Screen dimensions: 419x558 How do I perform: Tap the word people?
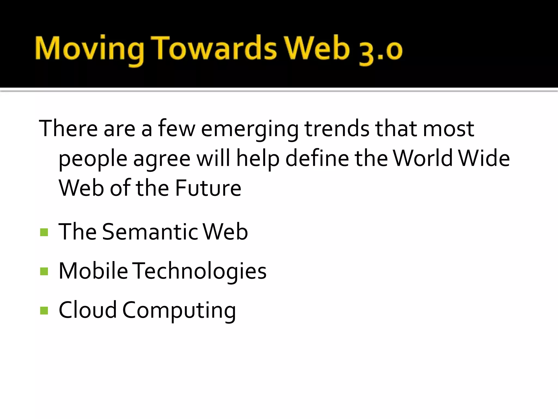93,159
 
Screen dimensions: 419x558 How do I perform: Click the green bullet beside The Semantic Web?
44,232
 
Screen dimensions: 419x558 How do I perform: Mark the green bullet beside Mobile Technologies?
44,271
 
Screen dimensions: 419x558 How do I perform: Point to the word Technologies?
201,271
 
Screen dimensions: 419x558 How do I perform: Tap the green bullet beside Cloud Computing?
44,310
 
